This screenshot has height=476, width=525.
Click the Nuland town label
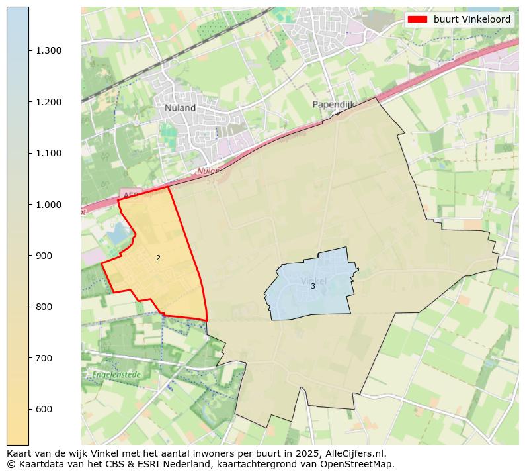click(x=180, y=108)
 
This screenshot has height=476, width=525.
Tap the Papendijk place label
click(x=334, y=105)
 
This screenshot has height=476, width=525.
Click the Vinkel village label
click(x=313, y=281)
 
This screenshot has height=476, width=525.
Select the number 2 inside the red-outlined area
click(x=158, y=258)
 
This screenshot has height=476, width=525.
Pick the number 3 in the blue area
click(x=313, y=287)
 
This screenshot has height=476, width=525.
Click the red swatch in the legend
click(x=418, y=19)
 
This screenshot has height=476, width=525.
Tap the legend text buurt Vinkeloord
click(x=471, y=19)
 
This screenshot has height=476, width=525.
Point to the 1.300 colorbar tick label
click(x=48, y=51)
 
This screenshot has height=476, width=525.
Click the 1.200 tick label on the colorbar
click(x=48, y=102)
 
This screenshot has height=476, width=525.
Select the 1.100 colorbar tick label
click(x=48, y=153)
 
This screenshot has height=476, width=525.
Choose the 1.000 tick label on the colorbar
click(x=48, y=205)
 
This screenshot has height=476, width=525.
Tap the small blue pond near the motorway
click(x=118, y=232)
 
